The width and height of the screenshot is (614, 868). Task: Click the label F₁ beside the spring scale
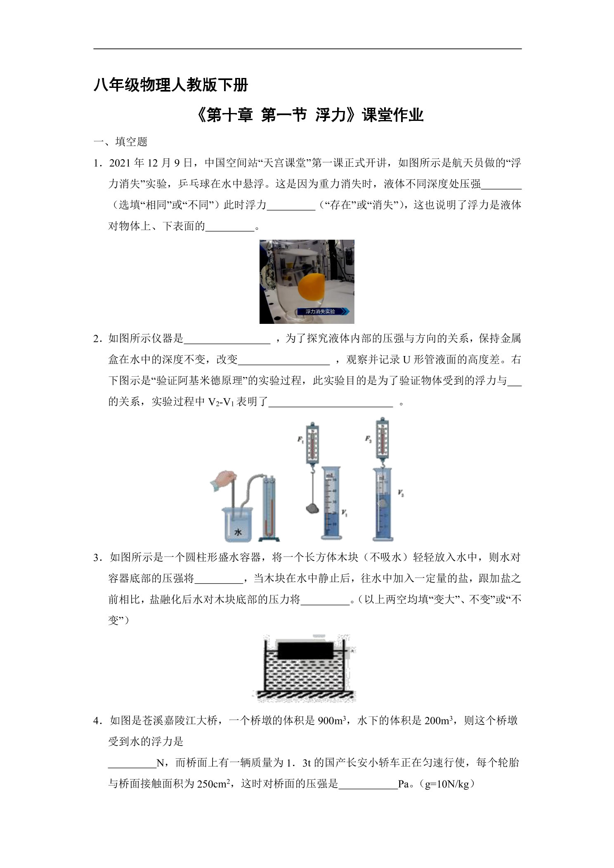pos(300,440)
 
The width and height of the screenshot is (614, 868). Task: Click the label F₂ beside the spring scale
pos(368,439)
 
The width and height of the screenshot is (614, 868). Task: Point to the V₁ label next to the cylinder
pos(344,513)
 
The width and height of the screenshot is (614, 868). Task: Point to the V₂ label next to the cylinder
pos(400,493)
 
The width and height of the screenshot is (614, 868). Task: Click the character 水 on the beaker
pos(238,532)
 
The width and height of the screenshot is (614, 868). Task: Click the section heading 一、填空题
pos(120,142)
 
